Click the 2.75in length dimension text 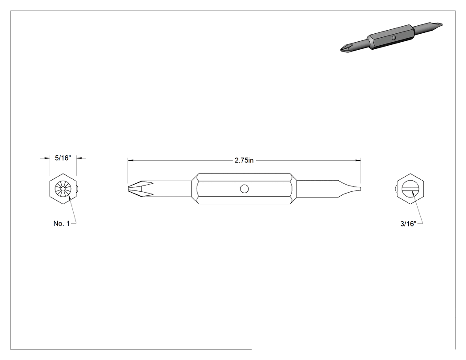click(244, 161)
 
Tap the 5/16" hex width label click(63, 158)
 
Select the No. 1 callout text click(62, 224)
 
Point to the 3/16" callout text click(408, 224)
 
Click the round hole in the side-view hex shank click(244, 189)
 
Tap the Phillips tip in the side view click(140, 189)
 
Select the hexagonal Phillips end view click(63, 189)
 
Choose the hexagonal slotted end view click(411, 189)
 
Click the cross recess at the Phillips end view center click(63, 189)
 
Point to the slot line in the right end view click(411, 189)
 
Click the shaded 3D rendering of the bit click(391, 37)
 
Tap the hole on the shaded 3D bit click(394, 38)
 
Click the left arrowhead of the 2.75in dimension click(130, 161)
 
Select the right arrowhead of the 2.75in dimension click(359, 161)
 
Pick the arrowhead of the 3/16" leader click(412, 193)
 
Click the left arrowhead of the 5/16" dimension click(47, 158)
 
